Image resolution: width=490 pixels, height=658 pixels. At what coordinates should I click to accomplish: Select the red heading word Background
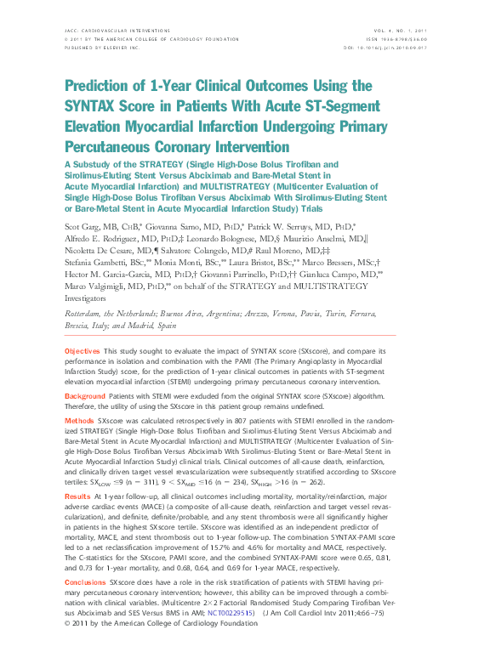point(85,396)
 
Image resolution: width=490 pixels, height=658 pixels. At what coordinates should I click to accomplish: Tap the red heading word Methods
point(79,420)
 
